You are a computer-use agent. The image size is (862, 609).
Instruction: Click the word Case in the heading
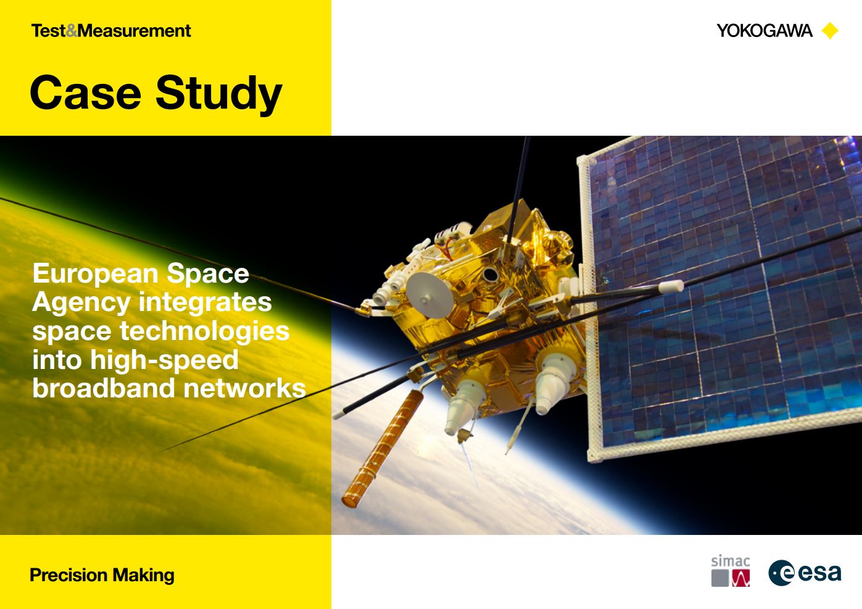[85, 93]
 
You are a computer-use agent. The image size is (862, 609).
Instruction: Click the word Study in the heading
[219, 94]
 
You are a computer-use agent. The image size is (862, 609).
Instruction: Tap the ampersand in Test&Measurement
[72, 31]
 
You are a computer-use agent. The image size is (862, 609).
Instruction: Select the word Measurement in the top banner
[135, 31]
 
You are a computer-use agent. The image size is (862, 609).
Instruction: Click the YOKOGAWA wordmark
[765, 31]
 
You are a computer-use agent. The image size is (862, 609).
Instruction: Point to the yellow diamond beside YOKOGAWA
[830, 31]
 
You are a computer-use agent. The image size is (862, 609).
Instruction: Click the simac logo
[731, 571]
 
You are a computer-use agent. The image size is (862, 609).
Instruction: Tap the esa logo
[805, 573]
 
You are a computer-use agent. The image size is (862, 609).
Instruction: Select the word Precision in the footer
[68, 576]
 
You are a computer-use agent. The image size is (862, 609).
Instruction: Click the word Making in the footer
[143, 576]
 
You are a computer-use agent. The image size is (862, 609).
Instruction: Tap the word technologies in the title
[205, 331]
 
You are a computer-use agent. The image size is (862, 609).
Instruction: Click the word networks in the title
[245, 388]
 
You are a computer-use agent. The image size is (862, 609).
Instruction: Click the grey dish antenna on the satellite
[429, 295]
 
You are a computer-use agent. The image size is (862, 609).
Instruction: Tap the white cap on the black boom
[671, 286]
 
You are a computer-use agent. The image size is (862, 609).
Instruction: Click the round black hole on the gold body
[491, 275]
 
